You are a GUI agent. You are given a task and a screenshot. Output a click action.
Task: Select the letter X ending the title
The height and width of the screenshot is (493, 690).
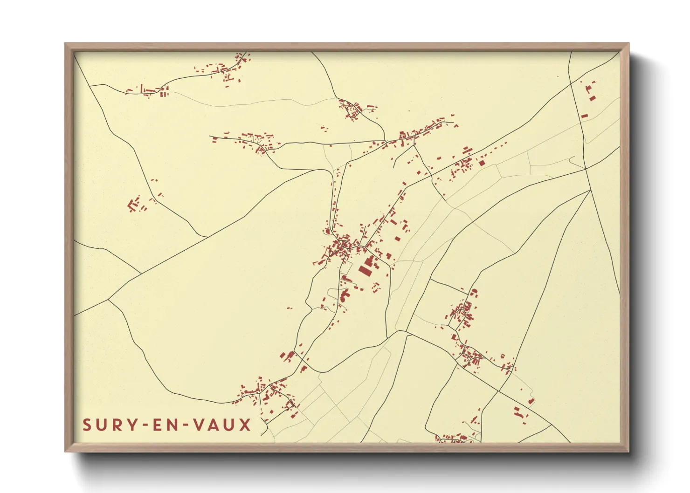point(245,425)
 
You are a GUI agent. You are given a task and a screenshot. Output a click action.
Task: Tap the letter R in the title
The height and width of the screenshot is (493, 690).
point(117,425)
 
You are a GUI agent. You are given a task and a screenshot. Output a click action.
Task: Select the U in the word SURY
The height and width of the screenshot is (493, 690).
point(103,425)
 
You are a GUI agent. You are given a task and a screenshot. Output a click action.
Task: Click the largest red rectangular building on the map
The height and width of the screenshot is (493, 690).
point(363,271)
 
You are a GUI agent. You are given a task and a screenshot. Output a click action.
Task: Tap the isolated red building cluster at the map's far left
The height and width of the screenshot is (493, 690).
point(135,205)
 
